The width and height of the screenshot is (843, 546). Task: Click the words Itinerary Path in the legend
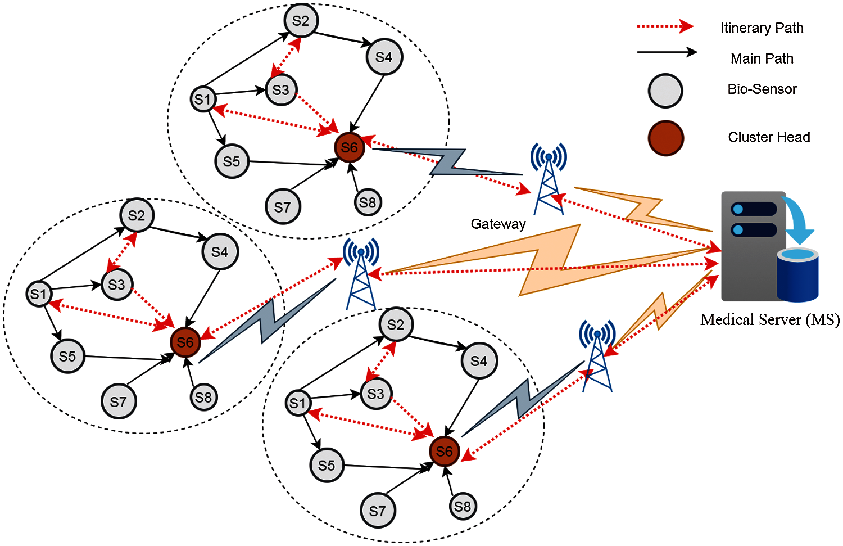click(x=762, y=28)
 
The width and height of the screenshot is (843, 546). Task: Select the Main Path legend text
click(x=762, y=58)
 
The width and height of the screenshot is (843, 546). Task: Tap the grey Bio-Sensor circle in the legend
click(x=665, y=91)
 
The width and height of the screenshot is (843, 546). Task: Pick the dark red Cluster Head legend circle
click(x=665, y=138)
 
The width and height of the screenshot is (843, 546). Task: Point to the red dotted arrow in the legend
click(x=664, y=27)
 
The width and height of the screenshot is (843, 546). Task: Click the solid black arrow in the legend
click(x=666, y=52)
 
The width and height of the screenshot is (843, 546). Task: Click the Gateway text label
click(x=498, y=224)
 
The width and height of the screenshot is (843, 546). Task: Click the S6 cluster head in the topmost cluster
click(x=349, y=147)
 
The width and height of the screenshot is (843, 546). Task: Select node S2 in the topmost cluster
click(x=301, y=21)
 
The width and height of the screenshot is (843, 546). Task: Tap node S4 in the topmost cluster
click(x=384, y=57)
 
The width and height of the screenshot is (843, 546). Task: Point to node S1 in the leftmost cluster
click(x=38, y=294)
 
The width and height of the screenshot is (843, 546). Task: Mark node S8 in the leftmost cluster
click(x=203, y=397)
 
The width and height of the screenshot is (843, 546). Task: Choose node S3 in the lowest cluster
click(x=376, y=394)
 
